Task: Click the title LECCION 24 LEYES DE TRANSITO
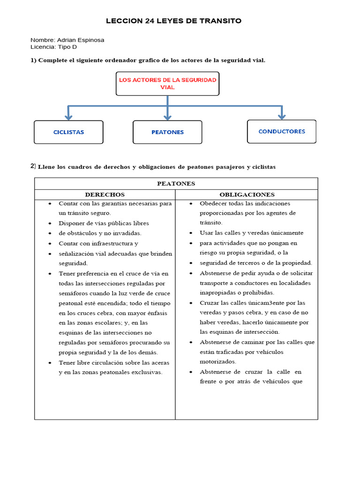point(173,21)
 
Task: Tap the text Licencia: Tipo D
point(54,47)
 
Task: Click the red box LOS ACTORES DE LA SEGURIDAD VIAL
point(167,84)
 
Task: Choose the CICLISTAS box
point(68,132)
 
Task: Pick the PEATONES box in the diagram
point(167,132)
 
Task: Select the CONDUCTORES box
point(281,132)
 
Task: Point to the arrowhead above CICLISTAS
point(68,116)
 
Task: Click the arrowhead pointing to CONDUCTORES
point(281,116)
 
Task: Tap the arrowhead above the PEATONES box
point(167,116)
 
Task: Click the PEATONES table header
point(176,183)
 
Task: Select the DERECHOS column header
point(105,195)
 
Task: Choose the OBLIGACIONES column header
point(247,195)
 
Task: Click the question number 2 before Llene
point(32,166)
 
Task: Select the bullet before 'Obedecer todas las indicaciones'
point(192,204)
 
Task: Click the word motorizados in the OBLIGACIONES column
point(218,362)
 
